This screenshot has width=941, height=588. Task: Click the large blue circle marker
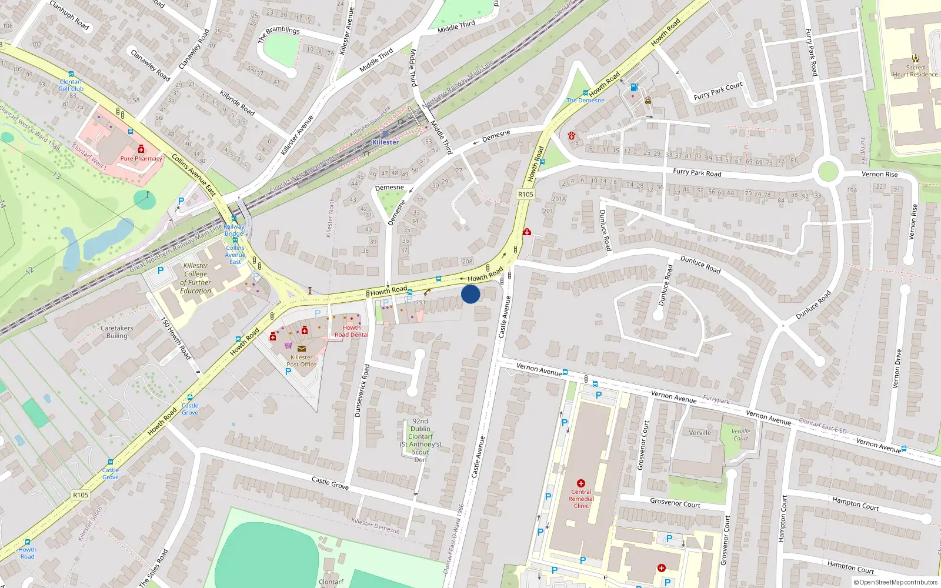click(x=470, y=294)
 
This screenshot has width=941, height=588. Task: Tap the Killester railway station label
click(x=386, y=142)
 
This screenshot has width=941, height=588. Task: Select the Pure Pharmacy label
click(x=141, y=159)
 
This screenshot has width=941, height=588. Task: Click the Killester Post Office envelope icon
click(x=302, y=349)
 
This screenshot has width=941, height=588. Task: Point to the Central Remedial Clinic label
click(x=581, y=499)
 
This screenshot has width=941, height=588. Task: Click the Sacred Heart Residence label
click(x=915, y=71)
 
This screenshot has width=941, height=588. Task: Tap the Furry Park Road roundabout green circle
click(x=827, y=172)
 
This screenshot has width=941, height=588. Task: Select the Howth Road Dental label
click(x=352, y=332)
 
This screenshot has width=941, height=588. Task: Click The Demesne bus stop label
click(x=585, y=101)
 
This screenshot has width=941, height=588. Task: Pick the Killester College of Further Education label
click(x=196, y=278)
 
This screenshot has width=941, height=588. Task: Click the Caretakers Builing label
click(x=116, y=332)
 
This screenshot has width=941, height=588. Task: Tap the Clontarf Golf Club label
click(x=71, y=86)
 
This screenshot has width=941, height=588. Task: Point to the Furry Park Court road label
click(x=718, y=91)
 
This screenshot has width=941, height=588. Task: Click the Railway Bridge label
click(x=234, y=230)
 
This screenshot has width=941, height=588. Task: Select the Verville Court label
click(x=740, y=435)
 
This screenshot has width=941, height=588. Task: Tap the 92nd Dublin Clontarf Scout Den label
click(x=421, y=440)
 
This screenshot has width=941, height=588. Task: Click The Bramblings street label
click(x=279, y=34)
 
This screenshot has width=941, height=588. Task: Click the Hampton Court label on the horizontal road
click(x=855, y=503)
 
